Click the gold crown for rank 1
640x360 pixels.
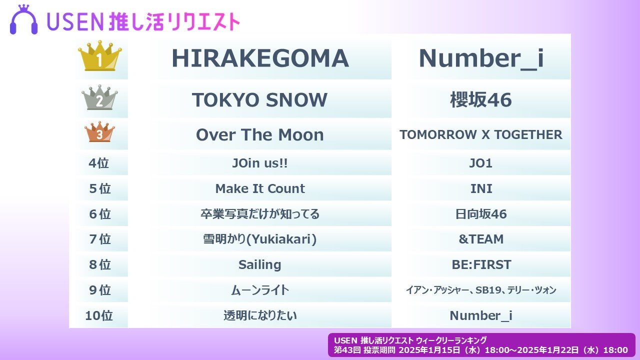click(x=99, y=56)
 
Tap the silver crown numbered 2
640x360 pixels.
click(x=99, y=97)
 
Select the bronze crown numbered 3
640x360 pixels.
click(x=99, y=132)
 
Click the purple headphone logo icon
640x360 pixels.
click(x=23, y=19)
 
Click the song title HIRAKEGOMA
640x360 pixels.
click(x=260, y=58)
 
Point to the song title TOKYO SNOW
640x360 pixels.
click(x=259, y=100)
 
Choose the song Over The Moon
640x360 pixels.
click(x=259, y=135)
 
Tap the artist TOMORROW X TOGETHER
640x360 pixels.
click(x=481, y=135)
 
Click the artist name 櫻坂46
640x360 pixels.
click(x=481, y=100)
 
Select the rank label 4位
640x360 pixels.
click(x=99, y=163)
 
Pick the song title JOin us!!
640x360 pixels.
click(x=259, y=163)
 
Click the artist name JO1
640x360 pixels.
click(x=481, y=163)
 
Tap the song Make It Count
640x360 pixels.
click(x=259, y=188)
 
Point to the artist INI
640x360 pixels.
click(x=481, y=188)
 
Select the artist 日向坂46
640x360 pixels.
click(x=481, y=214)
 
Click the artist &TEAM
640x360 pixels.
click(x=481, y=239)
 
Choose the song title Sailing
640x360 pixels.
click(x=259, y=265)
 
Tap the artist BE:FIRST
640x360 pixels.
click(x=481, y=264)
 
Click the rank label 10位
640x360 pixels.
click(x=99, y=315)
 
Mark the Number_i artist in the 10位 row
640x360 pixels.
click(x=481, y=316)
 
